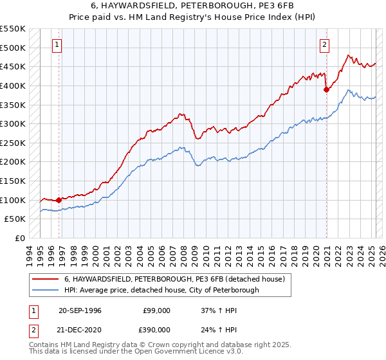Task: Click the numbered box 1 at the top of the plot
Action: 58,45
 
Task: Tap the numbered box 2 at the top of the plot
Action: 324,45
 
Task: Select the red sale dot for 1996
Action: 59,200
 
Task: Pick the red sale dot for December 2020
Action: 326,89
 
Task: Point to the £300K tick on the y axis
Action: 14,123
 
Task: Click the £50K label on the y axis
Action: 16,219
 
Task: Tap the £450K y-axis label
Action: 14,66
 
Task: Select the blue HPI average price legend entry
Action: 161,290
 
